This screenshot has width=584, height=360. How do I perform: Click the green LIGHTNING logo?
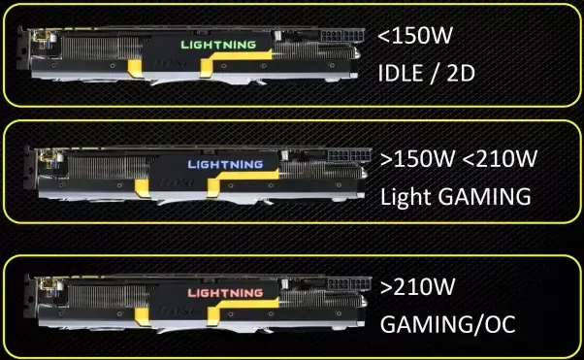218,45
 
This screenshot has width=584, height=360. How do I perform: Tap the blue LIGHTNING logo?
225,164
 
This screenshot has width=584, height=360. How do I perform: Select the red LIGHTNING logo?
225,293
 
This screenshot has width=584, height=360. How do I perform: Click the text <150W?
415,35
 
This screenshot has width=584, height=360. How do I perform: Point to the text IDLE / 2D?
426,73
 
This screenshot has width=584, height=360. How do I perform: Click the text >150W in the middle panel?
417,158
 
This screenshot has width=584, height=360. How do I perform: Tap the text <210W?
500,158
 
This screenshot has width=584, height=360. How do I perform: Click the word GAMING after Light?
484,196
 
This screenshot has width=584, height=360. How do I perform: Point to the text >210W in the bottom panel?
417,286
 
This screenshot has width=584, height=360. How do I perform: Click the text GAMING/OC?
447,324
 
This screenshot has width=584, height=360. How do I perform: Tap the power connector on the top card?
341,36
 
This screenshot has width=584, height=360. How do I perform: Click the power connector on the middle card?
349,155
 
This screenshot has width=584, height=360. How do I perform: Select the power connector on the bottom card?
349,284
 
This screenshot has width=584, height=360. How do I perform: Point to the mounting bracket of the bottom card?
29,297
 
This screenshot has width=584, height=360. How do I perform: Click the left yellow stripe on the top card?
135,69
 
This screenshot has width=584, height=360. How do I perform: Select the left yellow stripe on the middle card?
142,188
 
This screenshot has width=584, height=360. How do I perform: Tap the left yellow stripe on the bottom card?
142,316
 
